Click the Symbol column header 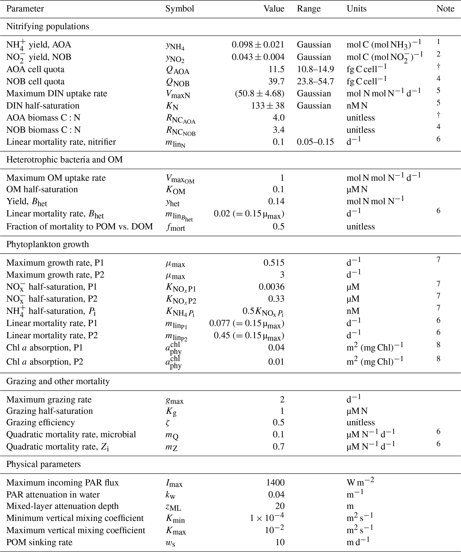pyautogui.click(x=180, y=9)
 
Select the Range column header pyautogui.click(x=309, y=9)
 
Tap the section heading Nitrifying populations pyautogui.click(x=48, y=26)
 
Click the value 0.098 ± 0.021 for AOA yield pyautogui.click(x=258, y=45)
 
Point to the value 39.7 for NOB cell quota pyautogui.click(x=276, y=81)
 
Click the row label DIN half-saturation pyautogui.click(x=43, y=106)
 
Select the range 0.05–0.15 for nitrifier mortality pyautogui.click(x=315, y=142)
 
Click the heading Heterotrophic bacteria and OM pyautogui.click(x=64, y=160)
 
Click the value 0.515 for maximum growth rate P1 pyautogui.click(x=274, y=263)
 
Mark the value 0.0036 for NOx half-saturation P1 pyautogui.click(x=271, y=287)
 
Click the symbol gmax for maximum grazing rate pyautogui.click(x=175, y=400)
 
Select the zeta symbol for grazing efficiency pyautogui.click(x=168, y=423)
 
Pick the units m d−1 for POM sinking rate pyautogui.click(x=358, y=542)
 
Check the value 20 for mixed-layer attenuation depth pyautogui.click(x=280, y=506)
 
